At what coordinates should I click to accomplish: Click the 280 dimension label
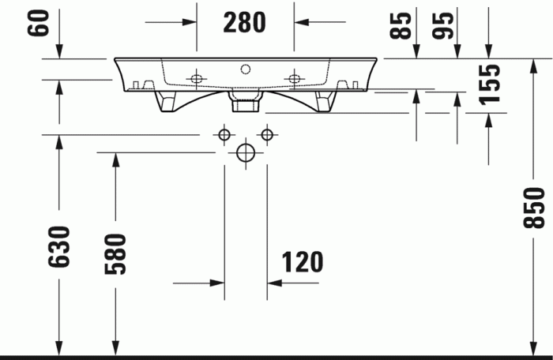244,23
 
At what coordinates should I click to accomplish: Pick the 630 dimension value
59,246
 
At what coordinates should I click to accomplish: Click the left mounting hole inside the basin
195,77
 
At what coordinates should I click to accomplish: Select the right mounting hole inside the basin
295,77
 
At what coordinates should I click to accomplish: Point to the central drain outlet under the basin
245,100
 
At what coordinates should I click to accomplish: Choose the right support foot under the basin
323,101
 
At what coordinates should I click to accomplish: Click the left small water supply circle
224,134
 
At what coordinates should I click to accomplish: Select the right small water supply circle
267,134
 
